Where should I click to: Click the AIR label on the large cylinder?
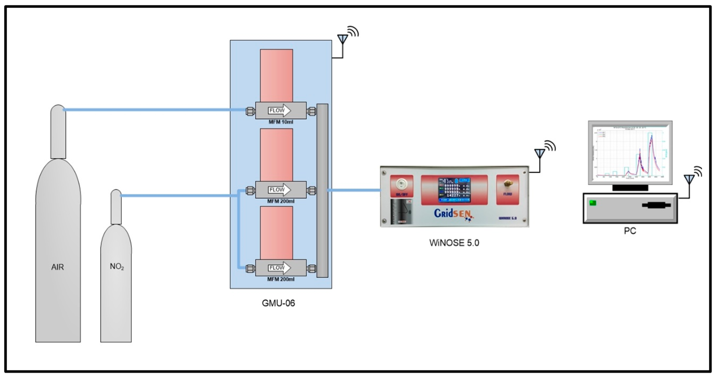(58, 267)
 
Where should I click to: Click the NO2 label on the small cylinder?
(117, 266)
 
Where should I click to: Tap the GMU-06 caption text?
(278, 303)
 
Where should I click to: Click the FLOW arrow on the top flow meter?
(279, 110)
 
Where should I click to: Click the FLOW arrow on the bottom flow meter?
(279, 268)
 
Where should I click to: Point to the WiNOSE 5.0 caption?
(454, 243)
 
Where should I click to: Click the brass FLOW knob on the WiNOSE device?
(508, 184)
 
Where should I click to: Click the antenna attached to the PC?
(689, 179)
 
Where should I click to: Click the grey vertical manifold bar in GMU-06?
(322, 190)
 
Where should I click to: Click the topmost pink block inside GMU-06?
(276, 75)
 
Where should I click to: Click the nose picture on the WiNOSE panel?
(402, 211)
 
